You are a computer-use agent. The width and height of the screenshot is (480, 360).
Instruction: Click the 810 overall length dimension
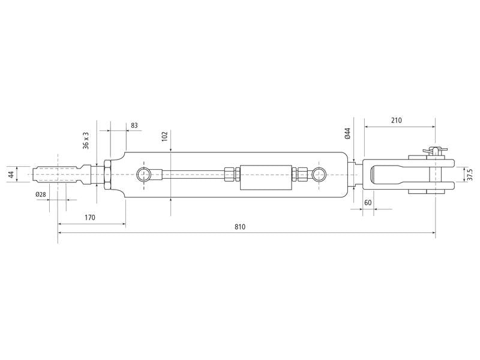pos(241,227)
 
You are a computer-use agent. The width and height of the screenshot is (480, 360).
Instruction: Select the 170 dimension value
pos(90,218)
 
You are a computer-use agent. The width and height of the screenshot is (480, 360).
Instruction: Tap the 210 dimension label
pos(396,120)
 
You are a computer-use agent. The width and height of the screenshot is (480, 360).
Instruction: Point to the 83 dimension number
pos(134,125)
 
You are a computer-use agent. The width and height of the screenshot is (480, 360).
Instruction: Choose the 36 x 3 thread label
pos(86,141)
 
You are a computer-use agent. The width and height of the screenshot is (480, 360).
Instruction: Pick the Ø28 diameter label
pos(41,194)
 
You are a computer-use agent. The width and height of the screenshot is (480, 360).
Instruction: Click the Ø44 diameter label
pos(347,133)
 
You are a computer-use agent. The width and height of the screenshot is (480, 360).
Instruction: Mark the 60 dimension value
pos(368,203)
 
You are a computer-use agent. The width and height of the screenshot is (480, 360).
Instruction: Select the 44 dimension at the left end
pos(10,175)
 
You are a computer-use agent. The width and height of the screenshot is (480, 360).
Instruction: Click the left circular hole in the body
pos(144,175)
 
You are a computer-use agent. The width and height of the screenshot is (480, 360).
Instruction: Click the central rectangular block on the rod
pos(260,175)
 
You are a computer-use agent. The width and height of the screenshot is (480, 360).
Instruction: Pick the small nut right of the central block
pos(301,175)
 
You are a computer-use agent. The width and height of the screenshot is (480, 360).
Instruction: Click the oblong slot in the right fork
pos(385,175)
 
